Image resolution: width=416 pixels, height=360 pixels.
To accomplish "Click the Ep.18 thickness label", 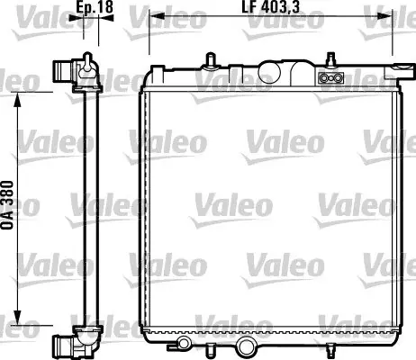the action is coord(95,7).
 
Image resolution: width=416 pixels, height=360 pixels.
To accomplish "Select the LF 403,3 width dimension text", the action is coord(271,7).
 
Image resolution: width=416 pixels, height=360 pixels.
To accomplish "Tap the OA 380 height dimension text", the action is coord(7,205).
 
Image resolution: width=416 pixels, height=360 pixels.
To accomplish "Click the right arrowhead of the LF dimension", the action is coord(385,16).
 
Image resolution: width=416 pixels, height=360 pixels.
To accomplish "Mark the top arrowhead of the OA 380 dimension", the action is coord(18,100).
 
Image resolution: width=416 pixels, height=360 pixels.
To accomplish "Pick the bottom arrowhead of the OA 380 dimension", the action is coord(18,318).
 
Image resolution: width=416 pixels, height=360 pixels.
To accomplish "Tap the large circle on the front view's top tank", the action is coord(269,72).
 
